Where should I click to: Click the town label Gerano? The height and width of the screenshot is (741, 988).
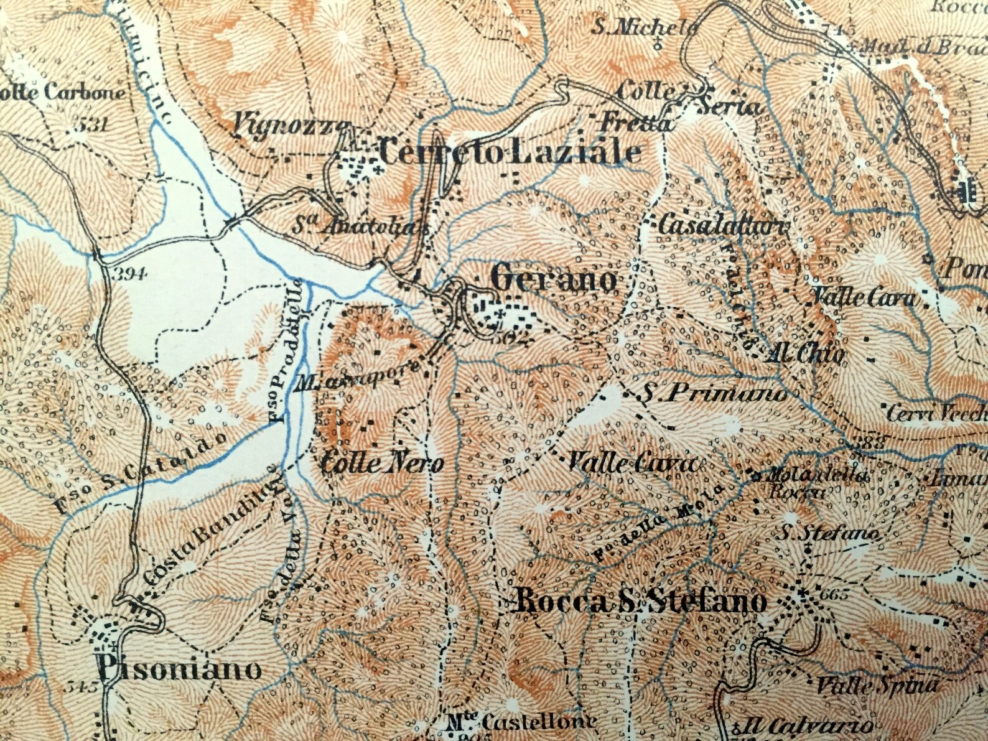[553, 279]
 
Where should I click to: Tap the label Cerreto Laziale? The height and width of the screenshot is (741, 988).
[509, 152]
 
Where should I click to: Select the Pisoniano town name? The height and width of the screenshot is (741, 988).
[179, 669]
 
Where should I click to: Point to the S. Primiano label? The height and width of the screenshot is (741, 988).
[714, 394]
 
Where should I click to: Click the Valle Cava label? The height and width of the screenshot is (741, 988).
[630, 464]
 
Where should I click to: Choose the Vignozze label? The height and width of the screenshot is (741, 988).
[289, 126]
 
